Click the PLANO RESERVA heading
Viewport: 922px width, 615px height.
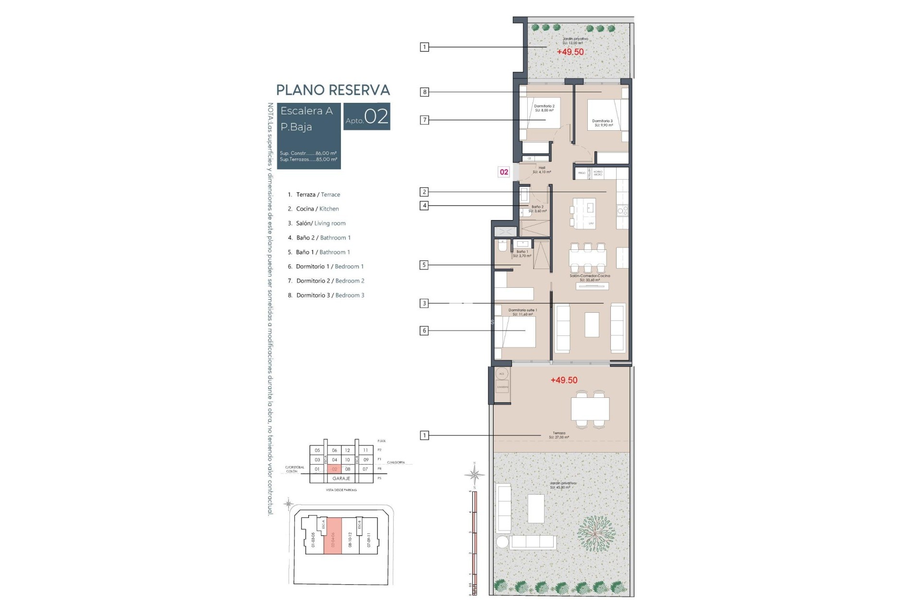333,90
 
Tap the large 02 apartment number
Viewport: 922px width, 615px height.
376,117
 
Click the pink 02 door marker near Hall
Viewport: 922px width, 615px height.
504,172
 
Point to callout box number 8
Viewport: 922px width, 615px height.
424,92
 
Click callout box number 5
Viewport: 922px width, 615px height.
424,265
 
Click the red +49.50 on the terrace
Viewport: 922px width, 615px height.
564,380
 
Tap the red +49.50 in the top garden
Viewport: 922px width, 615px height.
570,52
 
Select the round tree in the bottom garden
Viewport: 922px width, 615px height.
596,533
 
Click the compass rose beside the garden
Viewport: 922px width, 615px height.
474,475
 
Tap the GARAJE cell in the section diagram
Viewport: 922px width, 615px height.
341,479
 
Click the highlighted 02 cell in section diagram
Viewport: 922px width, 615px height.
334,469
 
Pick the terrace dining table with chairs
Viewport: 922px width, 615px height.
590,409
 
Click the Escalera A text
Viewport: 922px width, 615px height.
306,111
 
